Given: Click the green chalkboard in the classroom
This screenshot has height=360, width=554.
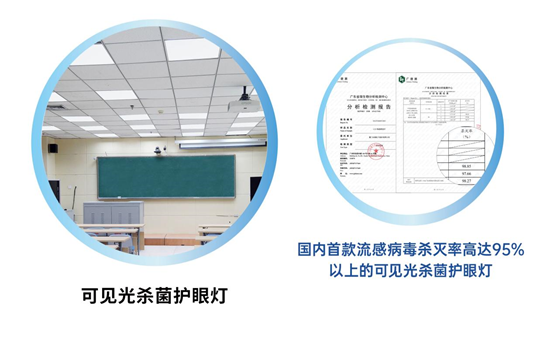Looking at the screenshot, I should (x=166, y=176).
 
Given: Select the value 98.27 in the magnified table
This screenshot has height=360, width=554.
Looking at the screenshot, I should (x=465, y=181).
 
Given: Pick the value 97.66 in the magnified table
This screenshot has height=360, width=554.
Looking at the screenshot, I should (x=464, y=171).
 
